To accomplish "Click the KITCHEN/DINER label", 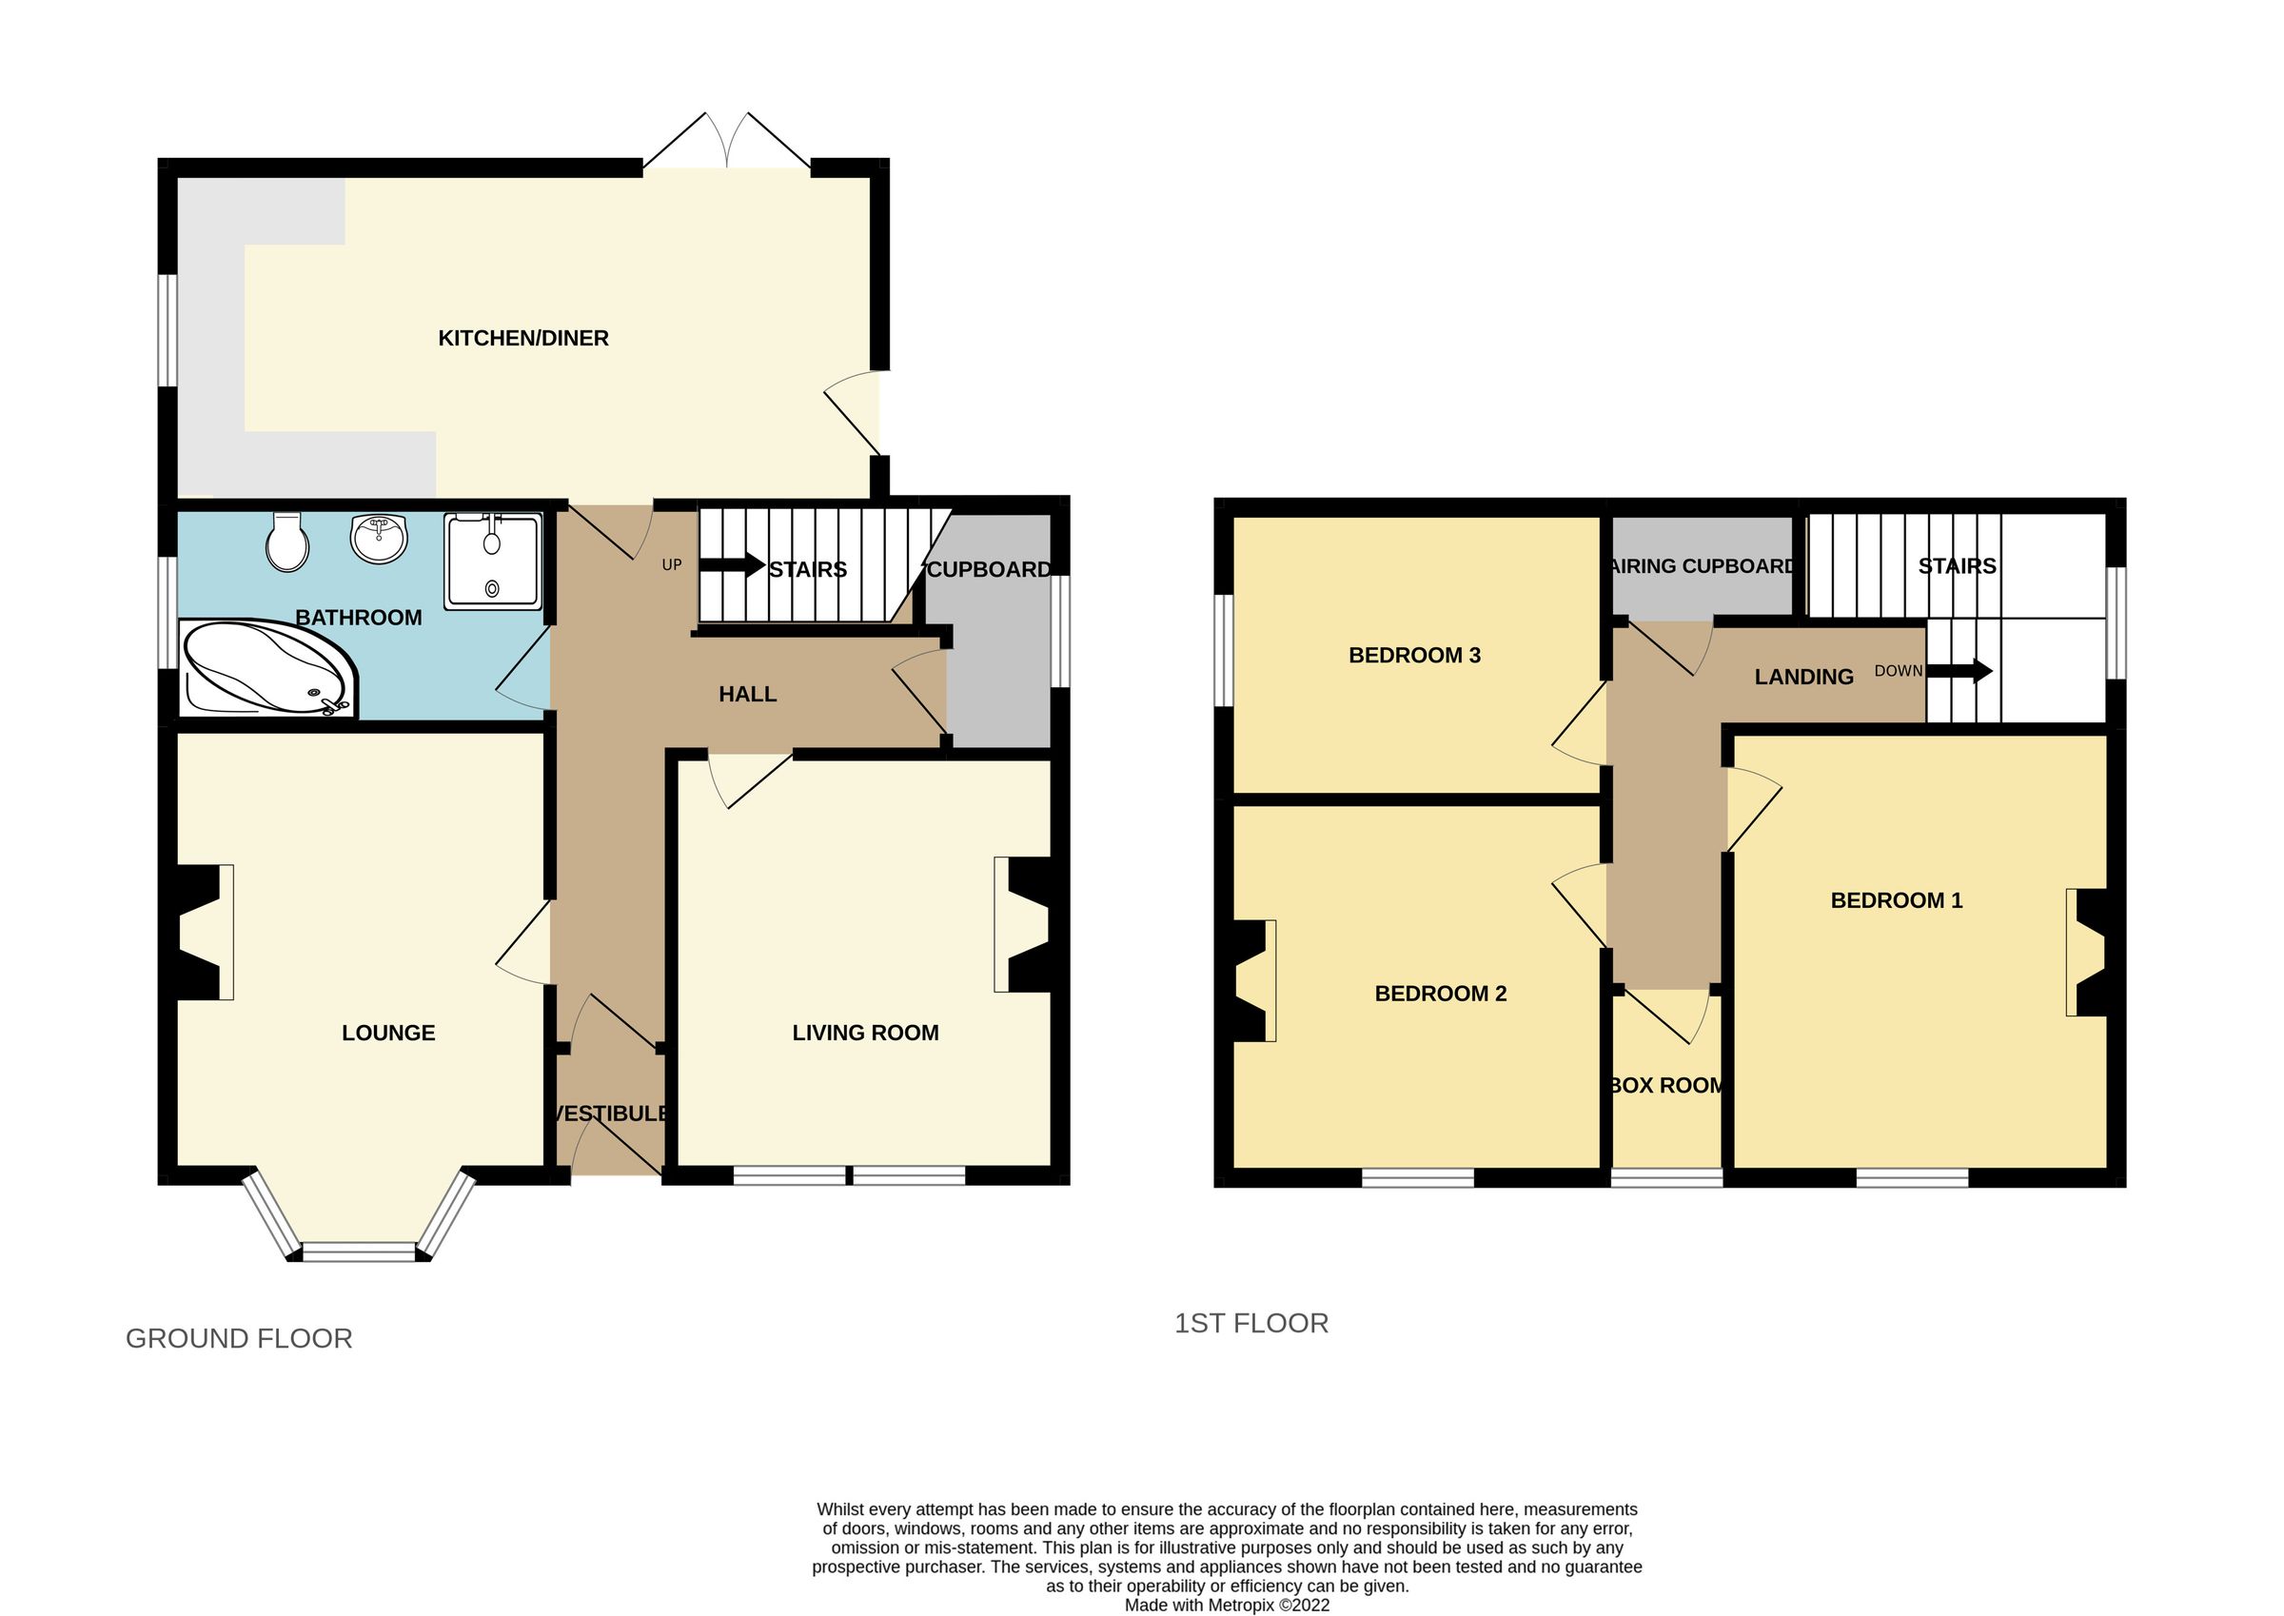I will pyautogui.click(x=523, y=338).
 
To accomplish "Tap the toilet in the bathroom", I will pyautogui.click(x=287, y=542).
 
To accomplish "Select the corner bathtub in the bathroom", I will pyautogui.click(x=266, y=668).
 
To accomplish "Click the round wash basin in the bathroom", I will pyautogui.click(x=379, y=538).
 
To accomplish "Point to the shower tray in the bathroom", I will pyautogui.click(x=492, y=562).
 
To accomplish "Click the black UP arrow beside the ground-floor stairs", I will pyautogui.click(x=731, y=565).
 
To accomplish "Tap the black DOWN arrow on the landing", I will pyautogui.click(x=1959, y=672).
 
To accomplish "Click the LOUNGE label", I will pyautogui.click(x=388, y=1033).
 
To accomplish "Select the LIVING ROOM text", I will pyautogui.click(x=864, y=1033).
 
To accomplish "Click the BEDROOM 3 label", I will pyautogui.click(x=1413, y=655).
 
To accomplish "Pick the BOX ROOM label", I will pyautogui.click(x=1666, y=1086).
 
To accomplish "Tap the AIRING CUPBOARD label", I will pyautogui.click(x=1703, y=566).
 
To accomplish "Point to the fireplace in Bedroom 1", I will pyautogui.click(x=2087, y=953).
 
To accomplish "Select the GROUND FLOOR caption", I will pyautogui.click(x=239, y=1338).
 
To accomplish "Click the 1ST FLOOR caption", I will pyautogui.click(x=1250, y=1324).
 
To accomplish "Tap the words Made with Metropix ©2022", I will pyautogui.click(x=1227, y=1605).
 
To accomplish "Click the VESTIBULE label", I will pyautogui.click(x=610, y=1113).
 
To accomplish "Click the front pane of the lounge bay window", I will pyautogui.click(x=359, y=1251).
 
